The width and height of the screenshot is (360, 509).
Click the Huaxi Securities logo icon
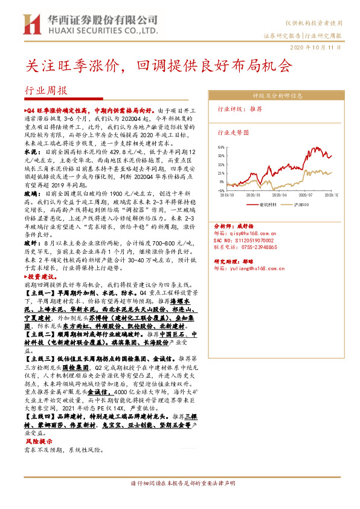tap(29, 24)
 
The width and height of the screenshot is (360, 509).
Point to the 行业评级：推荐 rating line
tap(240, 109)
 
